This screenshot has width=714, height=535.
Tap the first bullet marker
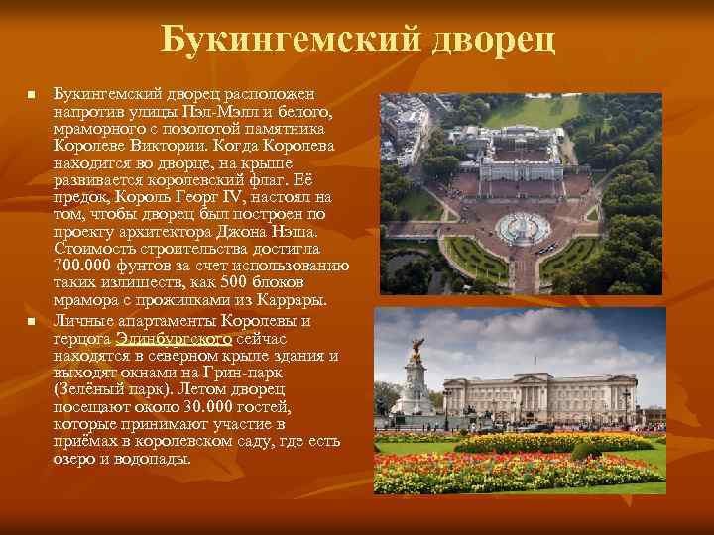(x=31, y=96)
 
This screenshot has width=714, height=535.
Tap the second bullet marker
(x=31, y=324)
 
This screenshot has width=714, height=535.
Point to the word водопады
(x=159, y=460)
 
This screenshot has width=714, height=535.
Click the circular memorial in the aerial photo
(x=524, y=229)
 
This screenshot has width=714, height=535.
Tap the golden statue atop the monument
(x=416, y=348)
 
